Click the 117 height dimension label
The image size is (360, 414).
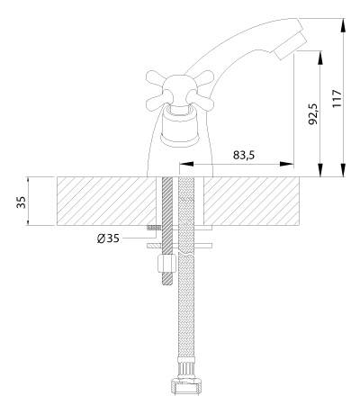(x=337, y=98)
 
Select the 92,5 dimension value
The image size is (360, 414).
(x=312, y=113)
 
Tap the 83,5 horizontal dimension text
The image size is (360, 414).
(x=244, y=155)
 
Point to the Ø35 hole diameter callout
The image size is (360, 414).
(x=108, y=238)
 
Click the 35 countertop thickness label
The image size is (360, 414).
(x=21, y=202)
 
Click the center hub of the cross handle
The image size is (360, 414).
(x=180, y=90)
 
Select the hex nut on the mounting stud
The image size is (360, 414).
(x=166, y=263)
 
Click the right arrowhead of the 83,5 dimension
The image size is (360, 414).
(x=286, y=164)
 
